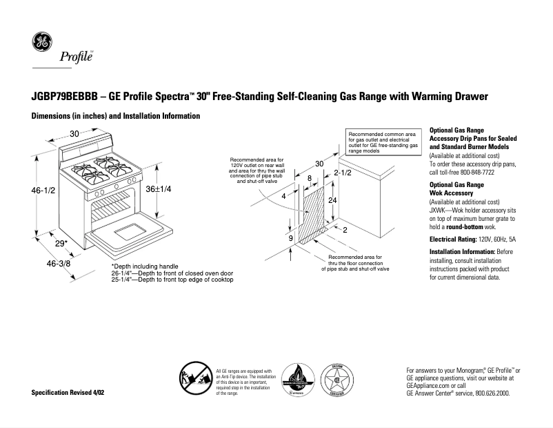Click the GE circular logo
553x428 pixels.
43,43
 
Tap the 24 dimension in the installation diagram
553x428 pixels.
332,200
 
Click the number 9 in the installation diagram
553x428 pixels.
291,238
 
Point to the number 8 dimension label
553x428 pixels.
310,178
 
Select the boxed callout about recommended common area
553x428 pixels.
382,143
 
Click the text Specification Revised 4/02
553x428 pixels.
72,392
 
